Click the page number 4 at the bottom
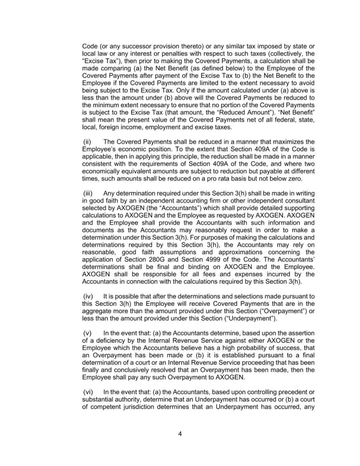[180, 434]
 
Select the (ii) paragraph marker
[87, 142]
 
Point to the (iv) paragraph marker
[88, 296]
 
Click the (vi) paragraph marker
[88, 392]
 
